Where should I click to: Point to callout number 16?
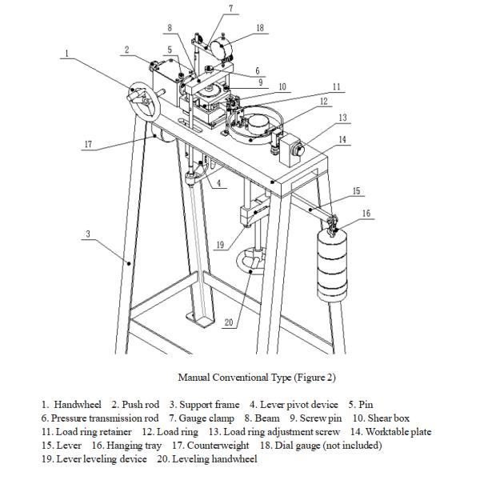click(x=366, y=214)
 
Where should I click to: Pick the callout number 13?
click(x=343, y=118)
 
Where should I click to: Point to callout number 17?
click(x=89, y=145)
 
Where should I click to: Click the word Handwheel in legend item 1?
click(x=78, y=405)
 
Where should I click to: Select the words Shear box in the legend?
click(x=390, y=418)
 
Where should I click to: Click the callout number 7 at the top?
click(x=230, y=9)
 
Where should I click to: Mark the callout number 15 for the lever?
click(x=357, y=191)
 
